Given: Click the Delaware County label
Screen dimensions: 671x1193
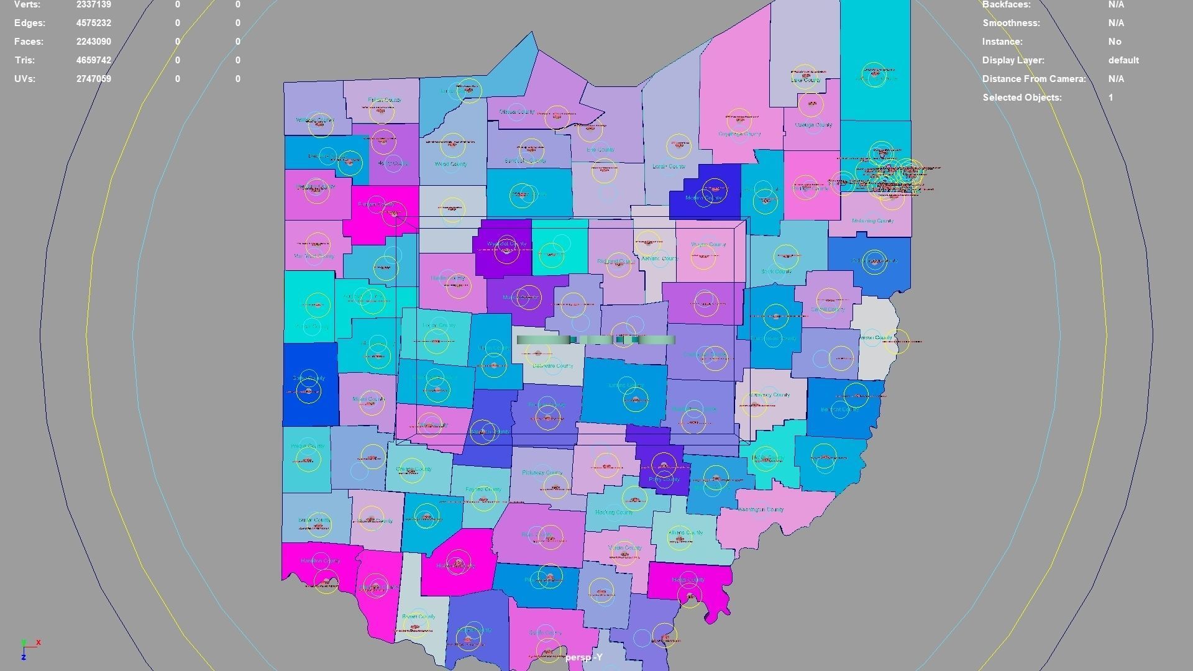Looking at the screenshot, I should click(553, 366).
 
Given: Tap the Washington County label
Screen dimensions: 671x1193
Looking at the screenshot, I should click(761, 509).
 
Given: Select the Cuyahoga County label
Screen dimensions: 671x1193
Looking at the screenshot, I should click(739, 134).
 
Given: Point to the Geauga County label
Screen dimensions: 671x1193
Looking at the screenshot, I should click(813, 125).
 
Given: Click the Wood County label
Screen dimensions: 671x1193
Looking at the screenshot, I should click(451, 164).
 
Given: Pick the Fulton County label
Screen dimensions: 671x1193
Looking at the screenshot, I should click(385, 100).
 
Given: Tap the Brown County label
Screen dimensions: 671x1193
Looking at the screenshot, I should click(418, 617).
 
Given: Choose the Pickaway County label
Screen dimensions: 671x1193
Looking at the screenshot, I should click(542, 473).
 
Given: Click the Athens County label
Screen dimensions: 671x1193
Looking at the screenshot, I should click(685, 532).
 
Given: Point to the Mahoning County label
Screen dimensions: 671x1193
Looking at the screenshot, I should click(872, 221).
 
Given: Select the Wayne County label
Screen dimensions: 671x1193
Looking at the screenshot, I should click(708, 244).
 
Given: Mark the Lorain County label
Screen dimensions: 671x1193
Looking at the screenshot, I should click(669, 167).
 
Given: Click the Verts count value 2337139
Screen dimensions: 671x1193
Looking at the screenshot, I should click(94, 5).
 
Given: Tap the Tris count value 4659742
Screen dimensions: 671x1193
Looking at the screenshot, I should click(94, 60).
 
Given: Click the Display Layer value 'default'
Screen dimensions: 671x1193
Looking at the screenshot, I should click(1123, 60).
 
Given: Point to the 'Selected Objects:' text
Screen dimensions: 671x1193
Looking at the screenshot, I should click(1022, 98).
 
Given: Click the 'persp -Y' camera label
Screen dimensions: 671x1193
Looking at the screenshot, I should click(584, 657).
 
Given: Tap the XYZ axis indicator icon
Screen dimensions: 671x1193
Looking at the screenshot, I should click(29, 648).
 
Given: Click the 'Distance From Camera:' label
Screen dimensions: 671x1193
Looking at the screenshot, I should click(1033, 79).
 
